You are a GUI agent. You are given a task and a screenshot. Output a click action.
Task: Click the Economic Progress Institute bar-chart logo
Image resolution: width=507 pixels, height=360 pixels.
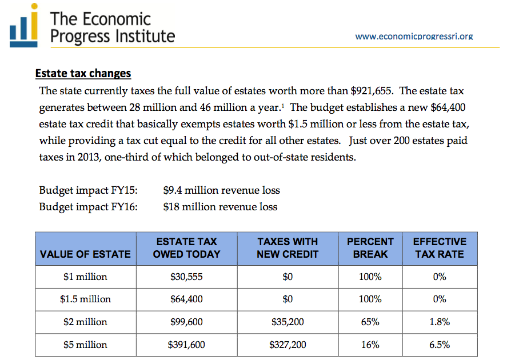point(23,25)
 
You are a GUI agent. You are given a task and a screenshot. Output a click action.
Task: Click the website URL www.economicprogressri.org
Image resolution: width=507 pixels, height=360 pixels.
point(414,36)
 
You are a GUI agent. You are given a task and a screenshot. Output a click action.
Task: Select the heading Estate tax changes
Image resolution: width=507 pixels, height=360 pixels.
point(83,73)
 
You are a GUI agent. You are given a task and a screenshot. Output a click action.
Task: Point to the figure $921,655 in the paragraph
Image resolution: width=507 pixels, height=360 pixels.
point(372,91)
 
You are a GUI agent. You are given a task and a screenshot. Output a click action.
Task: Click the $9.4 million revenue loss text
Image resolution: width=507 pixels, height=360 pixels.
point(221,190)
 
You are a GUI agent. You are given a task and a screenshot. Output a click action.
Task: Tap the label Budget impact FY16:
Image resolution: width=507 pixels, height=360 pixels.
point(88,207)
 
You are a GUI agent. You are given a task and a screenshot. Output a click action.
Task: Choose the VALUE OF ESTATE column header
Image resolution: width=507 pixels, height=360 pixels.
point(85,254)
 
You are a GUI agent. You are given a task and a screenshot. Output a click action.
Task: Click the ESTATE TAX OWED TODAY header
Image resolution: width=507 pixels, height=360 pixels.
point(186,248)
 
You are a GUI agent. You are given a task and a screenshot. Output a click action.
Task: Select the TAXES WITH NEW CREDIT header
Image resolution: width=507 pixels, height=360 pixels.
point(288,248)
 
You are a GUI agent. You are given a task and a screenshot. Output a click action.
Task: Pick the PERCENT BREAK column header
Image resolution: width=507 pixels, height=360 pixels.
point(370,248)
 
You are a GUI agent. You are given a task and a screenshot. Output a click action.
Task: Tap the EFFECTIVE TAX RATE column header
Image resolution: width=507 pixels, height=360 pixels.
point(440,248)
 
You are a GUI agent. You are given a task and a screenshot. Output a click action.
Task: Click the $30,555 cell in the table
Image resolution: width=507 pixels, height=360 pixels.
point(186,277)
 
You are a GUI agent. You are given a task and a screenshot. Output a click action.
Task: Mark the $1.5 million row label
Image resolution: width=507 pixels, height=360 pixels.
point(85,299)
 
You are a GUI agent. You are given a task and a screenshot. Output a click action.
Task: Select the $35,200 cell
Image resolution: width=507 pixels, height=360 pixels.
point(288,322)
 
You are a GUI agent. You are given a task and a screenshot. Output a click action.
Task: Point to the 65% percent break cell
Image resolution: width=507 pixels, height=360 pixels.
point(370,322)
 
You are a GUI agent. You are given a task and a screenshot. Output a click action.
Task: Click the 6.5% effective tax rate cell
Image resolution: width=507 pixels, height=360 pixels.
point(440,345)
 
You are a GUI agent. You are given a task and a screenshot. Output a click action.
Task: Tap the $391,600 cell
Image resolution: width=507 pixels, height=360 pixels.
point(186,345)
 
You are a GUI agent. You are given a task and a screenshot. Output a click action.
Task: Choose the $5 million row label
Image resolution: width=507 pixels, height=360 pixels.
point(85,345)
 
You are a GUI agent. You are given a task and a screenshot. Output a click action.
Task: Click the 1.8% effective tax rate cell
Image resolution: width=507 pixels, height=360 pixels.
point(440,322)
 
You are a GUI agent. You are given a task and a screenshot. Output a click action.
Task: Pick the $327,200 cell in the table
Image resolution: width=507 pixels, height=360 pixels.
point(288,345)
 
